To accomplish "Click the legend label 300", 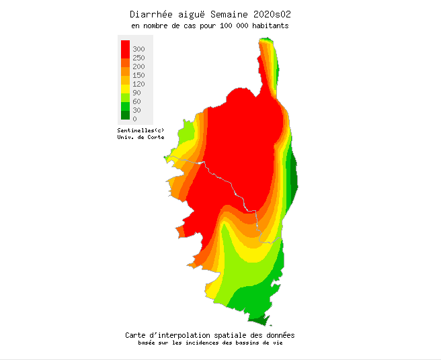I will [x=138, y=49].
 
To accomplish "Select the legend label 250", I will [x=138, y=58].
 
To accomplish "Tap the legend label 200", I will [x=138, y=66].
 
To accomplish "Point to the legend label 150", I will [x=138, y=75].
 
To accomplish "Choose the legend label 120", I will [x=138, y=84].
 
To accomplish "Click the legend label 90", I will [x=136, y=93].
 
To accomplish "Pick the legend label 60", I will [x=136, y=101].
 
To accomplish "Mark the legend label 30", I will [x=136, y=110].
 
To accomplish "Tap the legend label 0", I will [x=134, y=119].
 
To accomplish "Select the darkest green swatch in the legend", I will [x=125, y=116].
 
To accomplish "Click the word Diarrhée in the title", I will [x=152, y=14].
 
